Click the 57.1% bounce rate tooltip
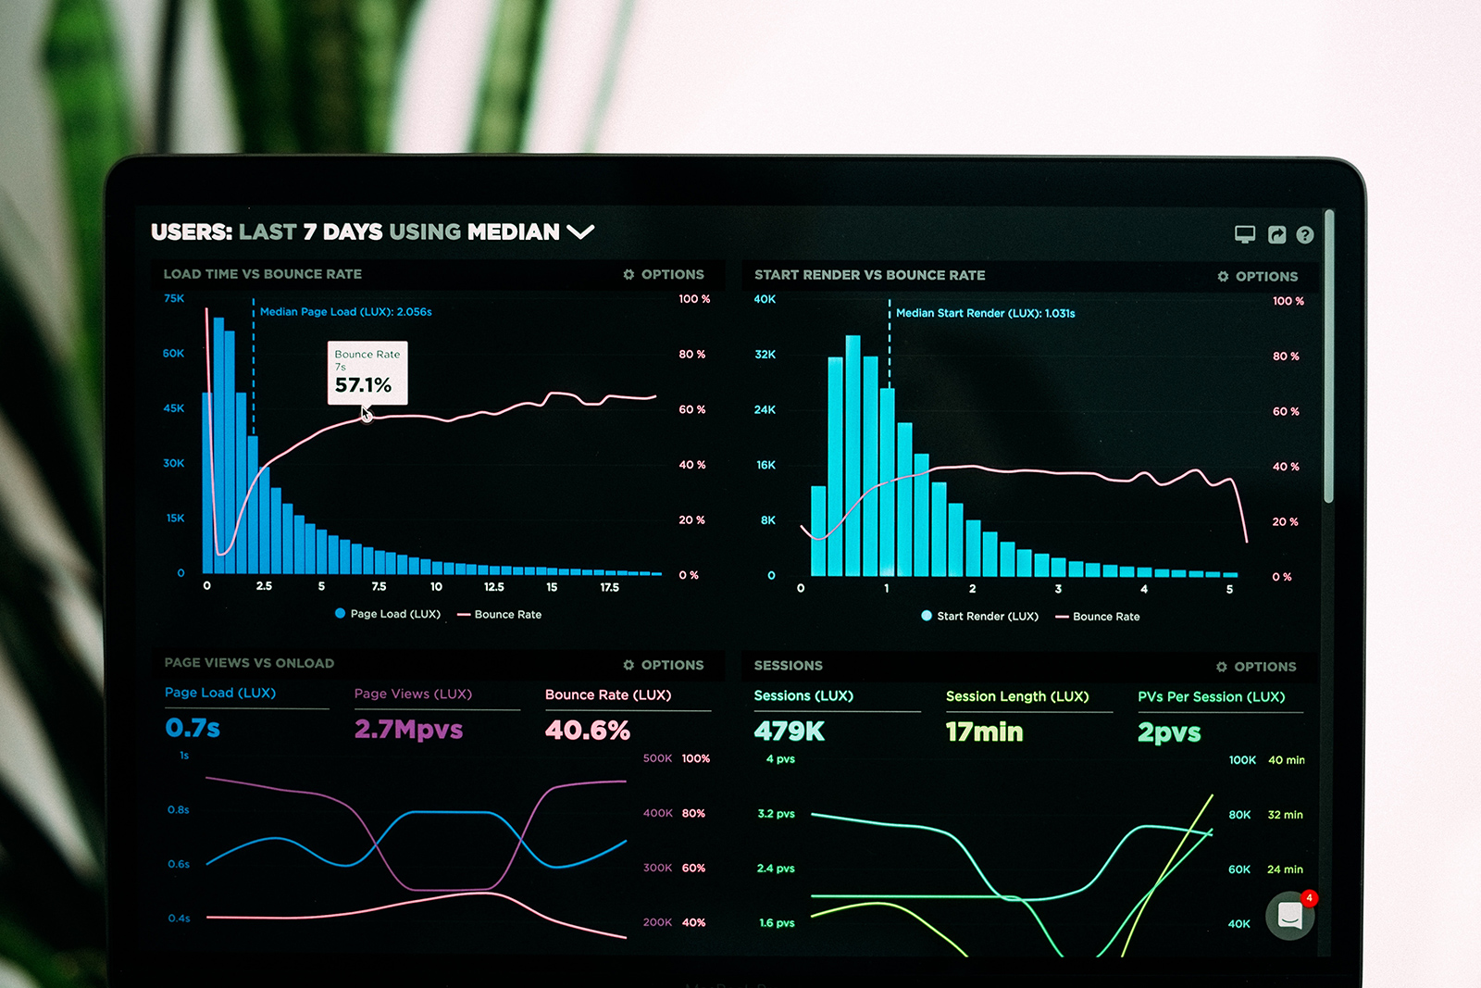(367, 373)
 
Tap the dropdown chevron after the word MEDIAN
(580, 231)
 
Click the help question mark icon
(1305, 235)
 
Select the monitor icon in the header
(1245, 234)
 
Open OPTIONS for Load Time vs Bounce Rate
(664, 275)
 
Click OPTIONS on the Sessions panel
(1256, 667)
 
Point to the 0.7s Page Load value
(193, 728)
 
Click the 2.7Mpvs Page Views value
(408, 730)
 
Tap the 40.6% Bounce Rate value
(588, 731)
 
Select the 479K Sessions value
(790, 732)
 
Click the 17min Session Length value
(985, 732)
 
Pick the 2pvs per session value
(1169, 732)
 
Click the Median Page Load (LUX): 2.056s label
(345, 312)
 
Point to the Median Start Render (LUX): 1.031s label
(985, 314)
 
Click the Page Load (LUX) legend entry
(388, 614)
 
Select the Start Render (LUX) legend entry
(980, 616)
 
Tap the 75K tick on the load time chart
(174, 298)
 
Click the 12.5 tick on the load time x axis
(494, 587)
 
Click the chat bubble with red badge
(1290, 915)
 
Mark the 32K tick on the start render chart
(765, 355)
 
